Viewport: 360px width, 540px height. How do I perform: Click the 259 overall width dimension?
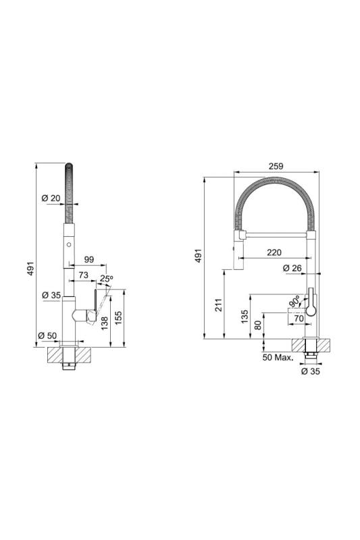coord(275,166)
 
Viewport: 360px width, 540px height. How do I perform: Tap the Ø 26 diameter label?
coord(293,269)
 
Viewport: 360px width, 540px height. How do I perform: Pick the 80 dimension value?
coord(257,325)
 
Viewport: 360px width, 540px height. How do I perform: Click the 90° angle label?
coord(295,302)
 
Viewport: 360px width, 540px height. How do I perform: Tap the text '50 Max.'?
coord(278,356)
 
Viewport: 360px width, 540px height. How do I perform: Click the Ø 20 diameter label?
coord(51,198)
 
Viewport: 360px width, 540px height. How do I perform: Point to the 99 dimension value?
coord(89,260)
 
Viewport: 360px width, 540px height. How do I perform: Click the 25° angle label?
coord(107,278)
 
